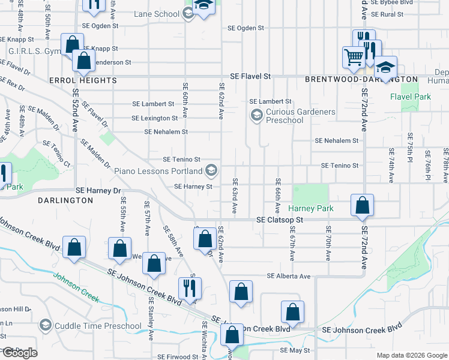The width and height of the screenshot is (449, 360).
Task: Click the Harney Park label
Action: [310, 208]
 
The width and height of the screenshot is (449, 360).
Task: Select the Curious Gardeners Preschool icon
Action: [256, 115]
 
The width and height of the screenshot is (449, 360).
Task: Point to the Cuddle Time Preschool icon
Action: [44, 326]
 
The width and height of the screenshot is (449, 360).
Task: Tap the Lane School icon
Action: [188, 14]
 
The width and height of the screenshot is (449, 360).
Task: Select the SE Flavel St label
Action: [251, 77]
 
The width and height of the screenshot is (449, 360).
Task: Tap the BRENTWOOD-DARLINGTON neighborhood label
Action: [361, 79]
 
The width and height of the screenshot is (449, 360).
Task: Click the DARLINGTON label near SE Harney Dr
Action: [66, 200]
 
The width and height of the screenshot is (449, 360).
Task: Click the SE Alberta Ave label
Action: [289, 276]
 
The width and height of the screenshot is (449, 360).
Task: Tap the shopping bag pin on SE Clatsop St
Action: [363, 206]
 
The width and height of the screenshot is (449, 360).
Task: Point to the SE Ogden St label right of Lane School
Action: [246, 28]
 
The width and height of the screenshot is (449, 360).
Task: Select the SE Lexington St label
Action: [155, 118]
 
